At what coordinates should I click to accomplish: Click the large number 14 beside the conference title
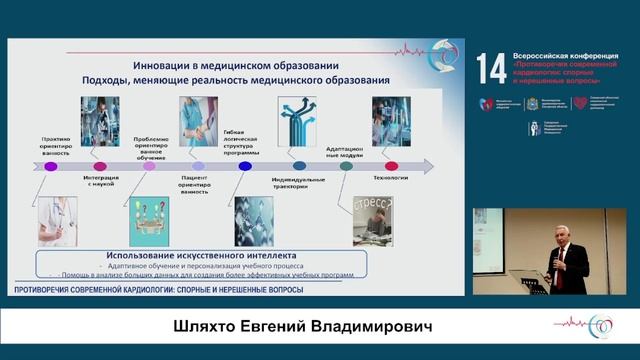click(x=491, y=68)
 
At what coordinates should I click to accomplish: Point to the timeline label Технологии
click(x=393, y=178)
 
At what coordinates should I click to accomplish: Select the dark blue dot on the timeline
click(x=244, y=167)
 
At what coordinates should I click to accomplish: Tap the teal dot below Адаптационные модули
click(x=346, y=167)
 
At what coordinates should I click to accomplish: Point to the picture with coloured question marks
click(x=149, y=222)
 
